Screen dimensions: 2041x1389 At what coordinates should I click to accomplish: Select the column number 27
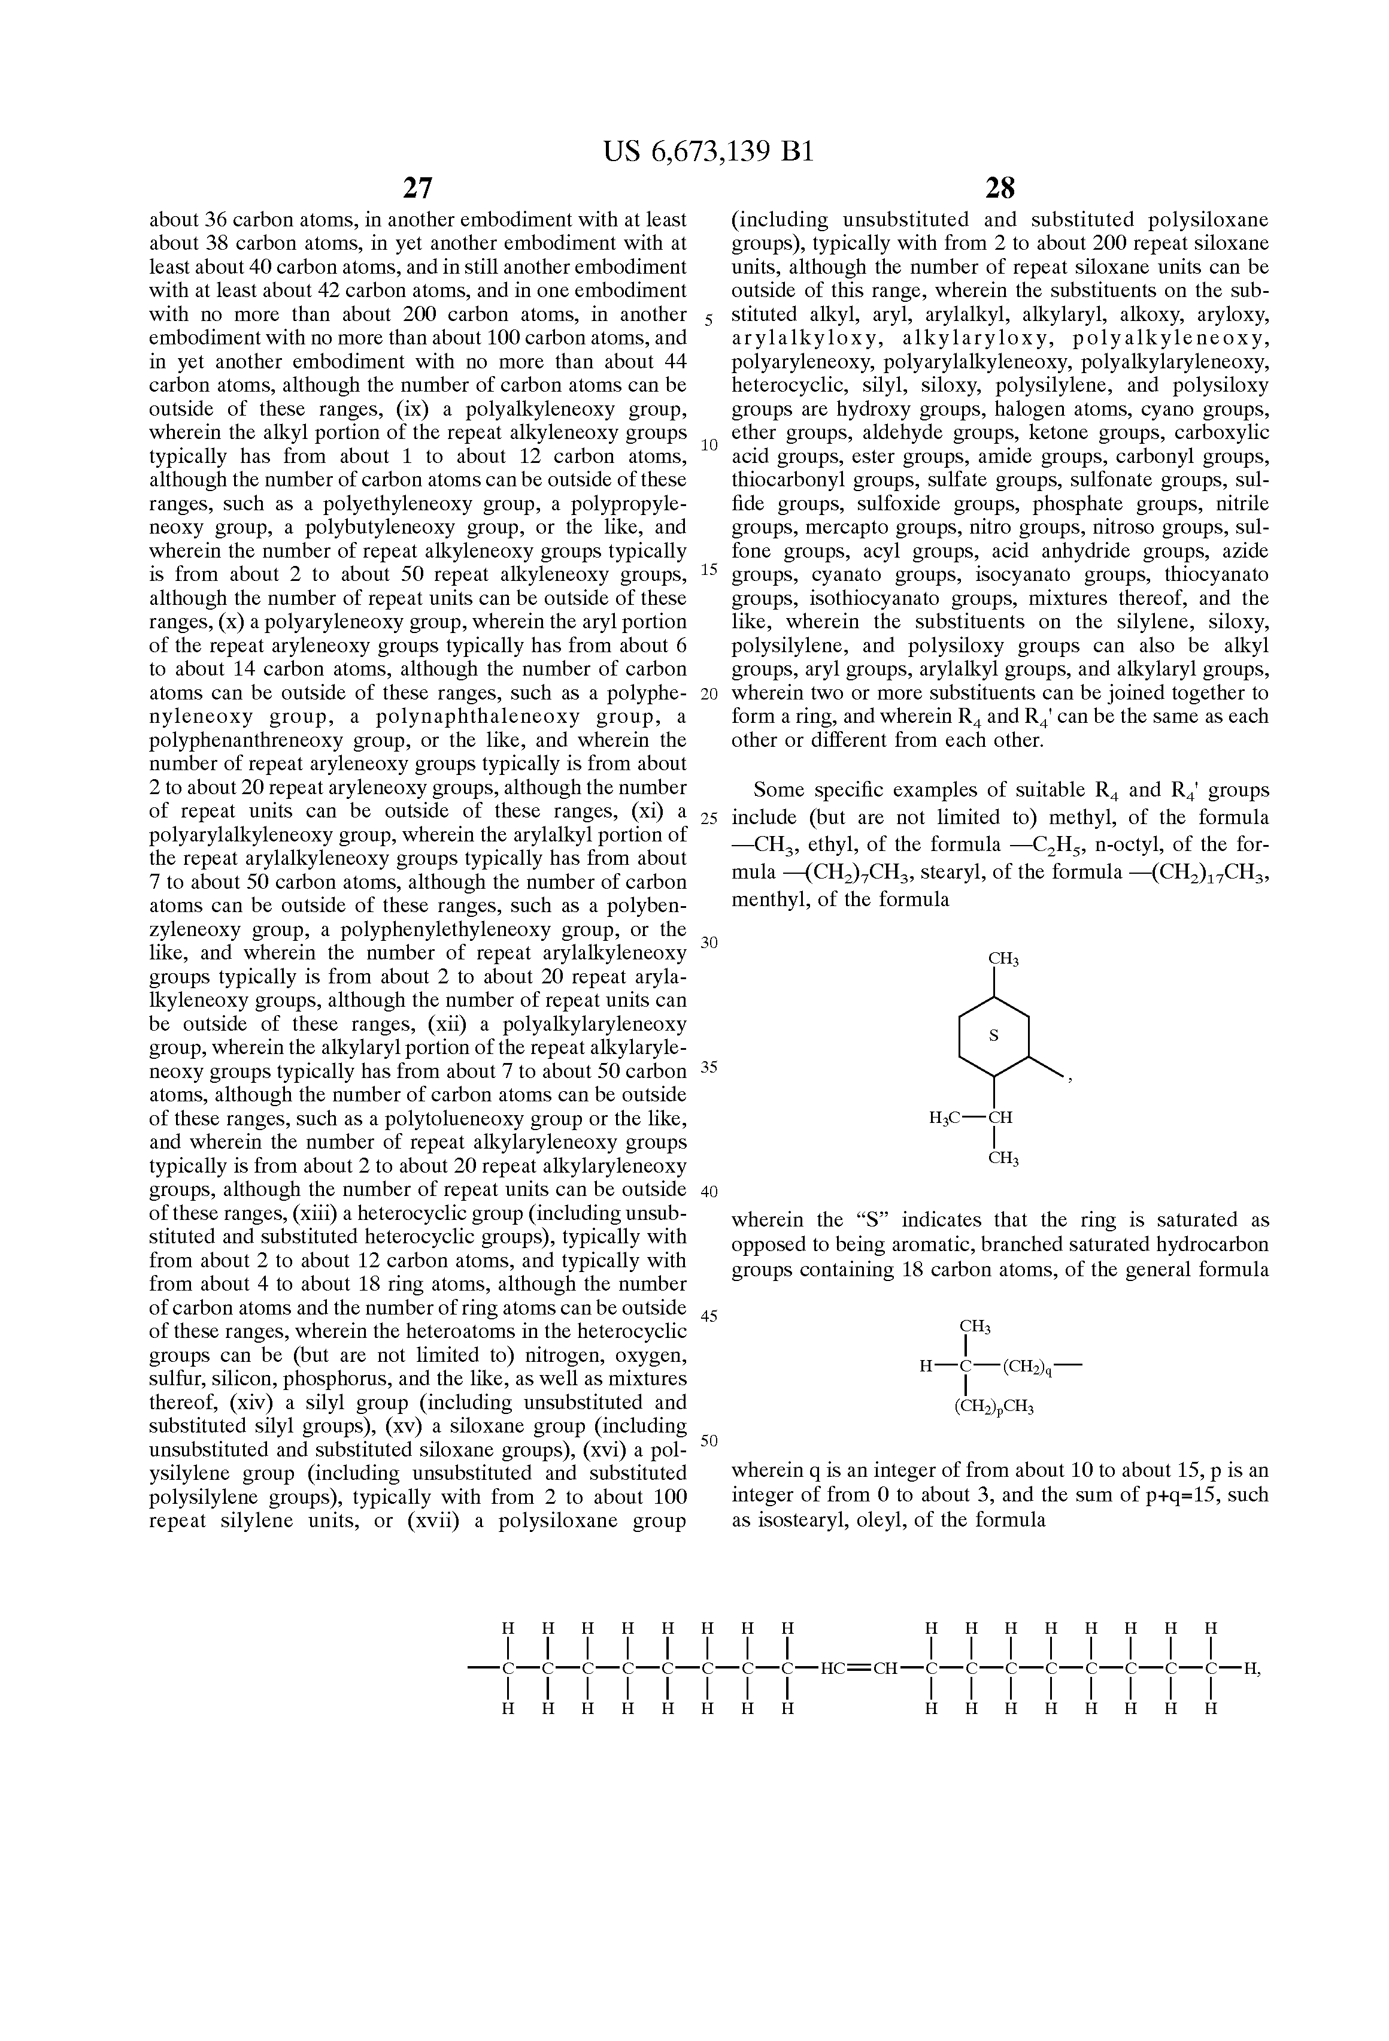tap(417, 188)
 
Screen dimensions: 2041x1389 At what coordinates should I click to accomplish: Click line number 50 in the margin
tap(709, 1440)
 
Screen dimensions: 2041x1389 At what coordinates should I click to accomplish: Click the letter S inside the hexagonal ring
tap(994, 1036)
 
